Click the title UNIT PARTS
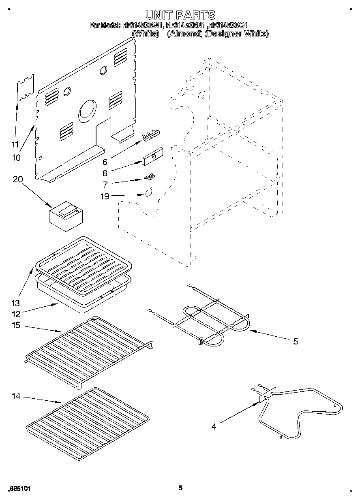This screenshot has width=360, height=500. click(180, 15)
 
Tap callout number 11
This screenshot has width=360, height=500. click(15, 144)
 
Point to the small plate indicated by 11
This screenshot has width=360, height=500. click(25, 88)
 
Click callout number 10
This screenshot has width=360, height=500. click(16, 158)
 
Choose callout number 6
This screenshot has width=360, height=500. click(105, 162)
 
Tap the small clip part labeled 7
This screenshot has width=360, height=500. click(150, 176)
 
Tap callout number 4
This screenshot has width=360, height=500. click(214, 426)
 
